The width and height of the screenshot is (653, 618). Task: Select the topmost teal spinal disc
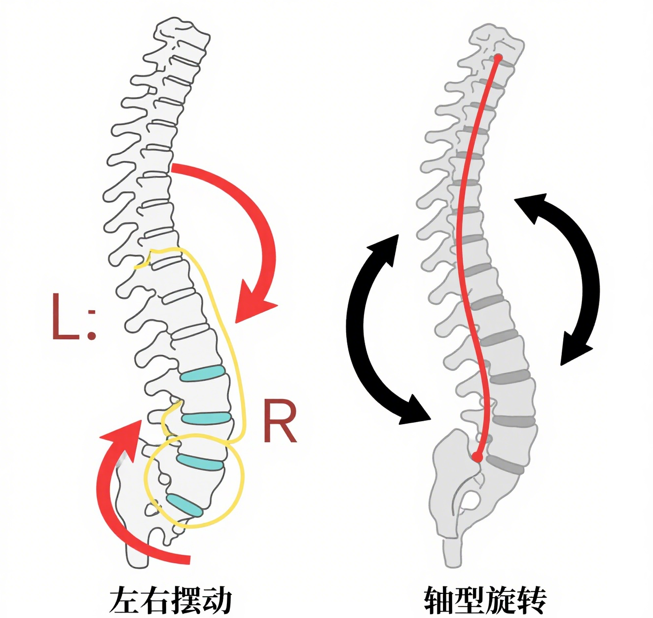tap(202, 374)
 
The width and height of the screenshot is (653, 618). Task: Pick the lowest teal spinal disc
tap(184, 505)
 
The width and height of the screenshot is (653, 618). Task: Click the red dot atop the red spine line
tap(498, 58)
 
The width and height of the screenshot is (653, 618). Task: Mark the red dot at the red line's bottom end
tap(477, 457)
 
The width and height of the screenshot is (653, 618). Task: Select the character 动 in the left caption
tap(217, 600)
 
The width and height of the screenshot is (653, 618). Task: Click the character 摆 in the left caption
tap(186, 600)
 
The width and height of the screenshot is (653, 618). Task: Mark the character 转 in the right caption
tap(532, 600)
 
